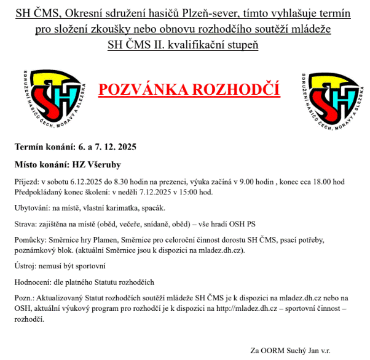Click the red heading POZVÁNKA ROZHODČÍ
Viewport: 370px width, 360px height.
click(x=189, y=90)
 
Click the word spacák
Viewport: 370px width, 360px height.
click(x=156, y=209)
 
